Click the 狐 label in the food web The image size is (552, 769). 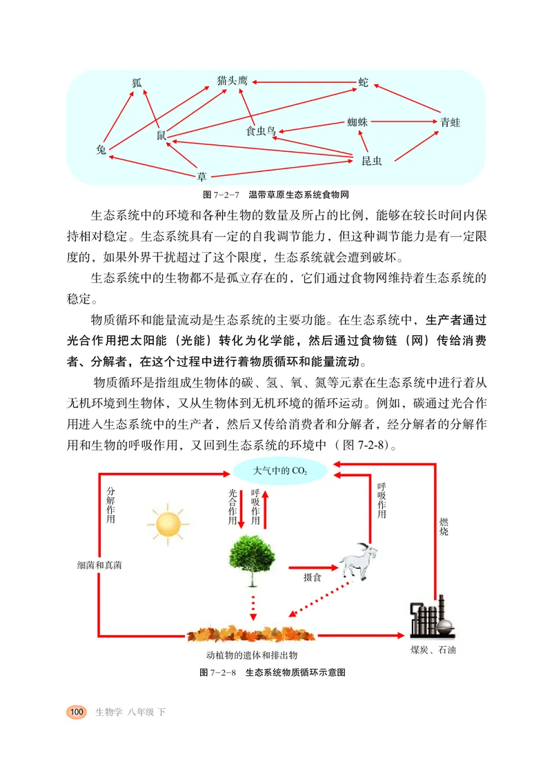[137, 83]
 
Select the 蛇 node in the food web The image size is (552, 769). [364, 82]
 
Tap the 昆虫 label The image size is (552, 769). [371, 161]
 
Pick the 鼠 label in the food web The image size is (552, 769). [161, 135]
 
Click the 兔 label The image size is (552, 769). [101, 150]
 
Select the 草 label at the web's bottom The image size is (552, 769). [201, 176]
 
